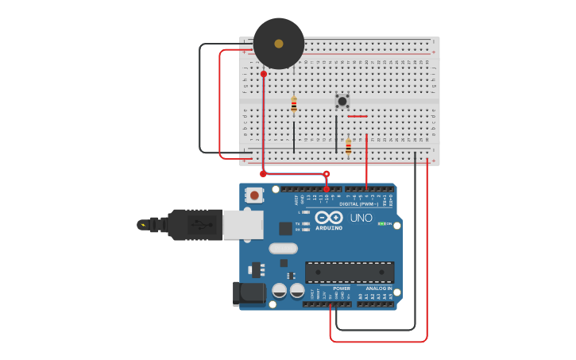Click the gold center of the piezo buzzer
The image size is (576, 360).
point(279,44)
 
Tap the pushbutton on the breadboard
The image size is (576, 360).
point(342,101)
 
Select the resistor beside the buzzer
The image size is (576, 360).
point(294,104)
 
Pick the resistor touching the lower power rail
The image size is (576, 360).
point(348,146)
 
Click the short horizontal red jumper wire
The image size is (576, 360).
point(357,117)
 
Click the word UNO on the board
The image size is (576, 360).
point(361,218)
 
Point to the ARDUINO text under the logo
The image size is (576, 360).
point(329,228)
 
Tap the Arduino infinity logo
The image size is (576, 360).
point(328,217)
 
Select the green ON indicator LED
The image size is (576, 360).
point(381,224)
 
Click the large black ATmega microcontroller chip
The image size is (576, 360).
point(350,273)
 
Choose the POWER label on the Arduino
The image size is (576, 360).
point(342,288)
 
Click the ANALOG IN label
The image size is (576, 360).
point(378,288)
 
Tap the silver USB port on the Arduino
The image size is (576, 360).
point(242,224)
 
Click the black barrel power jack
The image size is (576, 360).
point(249,293)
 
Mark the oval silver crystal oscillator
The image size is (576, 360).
point(283,248)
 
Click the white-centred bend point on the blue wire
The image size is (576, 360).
point(326,174)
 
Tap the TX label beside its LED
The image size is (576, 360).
point(297,224)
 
